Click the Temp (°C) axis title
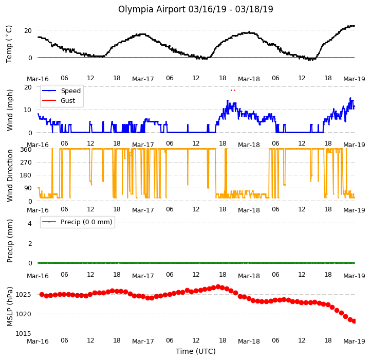pos(9,44)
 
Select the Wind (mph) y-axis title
pos(9,110)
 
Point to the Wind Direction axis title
pos(10,175)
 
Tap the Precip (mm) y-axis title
pos(10,241)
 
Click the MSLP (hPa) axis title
pos(10,307)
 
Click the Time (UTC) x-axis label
pos(196,351)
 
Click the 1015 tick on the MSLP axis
pos(23,333)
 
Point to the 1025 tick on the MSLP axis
pos(23,295)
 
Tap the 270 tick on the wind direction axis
pos(26,163)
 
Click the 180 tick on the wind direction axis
pos(26,175)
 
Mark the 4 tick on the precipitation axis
pos(30,223)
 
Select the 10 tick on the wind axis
pos(28,110)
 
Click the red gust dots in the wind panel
pos(233,90)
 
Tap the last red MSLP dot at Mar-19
pos(354,321)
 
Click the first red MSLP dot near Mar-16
pos(42,294)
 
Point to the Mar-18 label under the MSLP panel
pos(249,341)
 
